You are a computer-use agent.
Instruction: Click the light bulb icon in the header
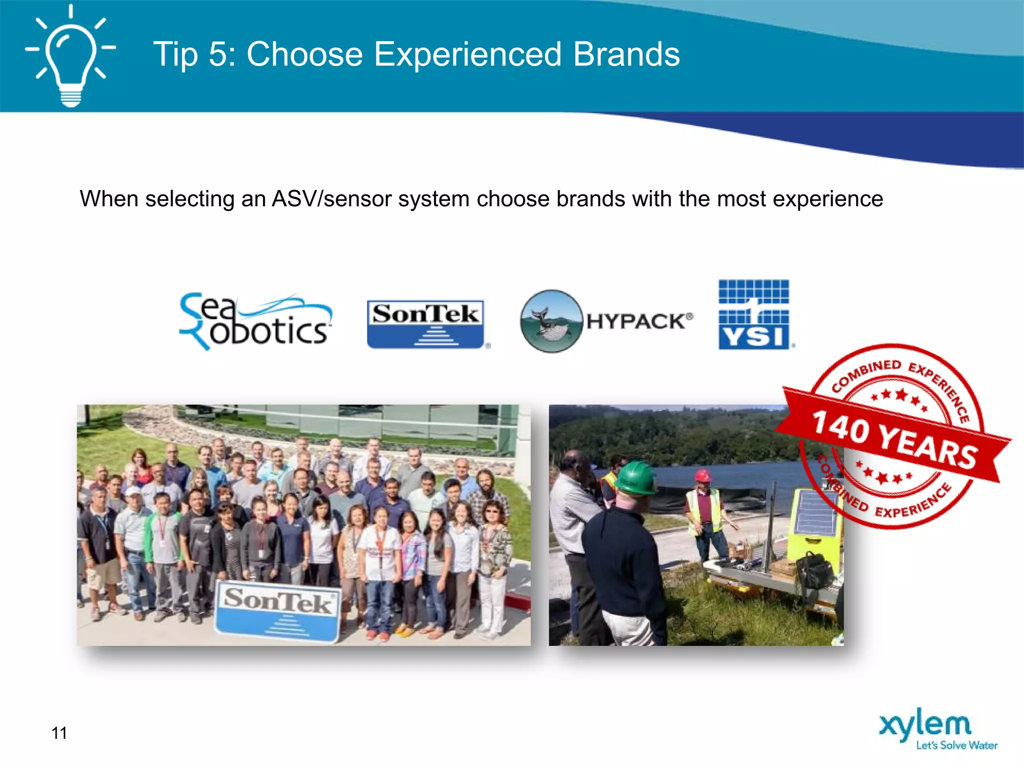click(x=70, y=57)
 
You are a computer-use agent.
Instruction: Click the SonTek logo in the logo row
click(x=425, y=324)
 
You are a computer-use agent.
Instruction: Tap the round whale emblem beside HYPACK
click(x=551, y=321)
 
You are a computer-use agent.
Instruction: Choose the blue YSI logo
click(x=753, y=314)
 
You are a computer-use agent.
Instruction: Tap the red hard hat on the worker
click(x=703, y=474)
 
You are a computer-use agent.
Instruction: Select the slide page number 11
click(x=59, y=733)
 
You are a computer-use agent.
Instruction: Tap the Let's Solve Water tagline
click(x=956, y=745)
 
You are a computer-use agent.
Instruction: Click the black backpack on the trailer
click(x=814, y=570)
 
